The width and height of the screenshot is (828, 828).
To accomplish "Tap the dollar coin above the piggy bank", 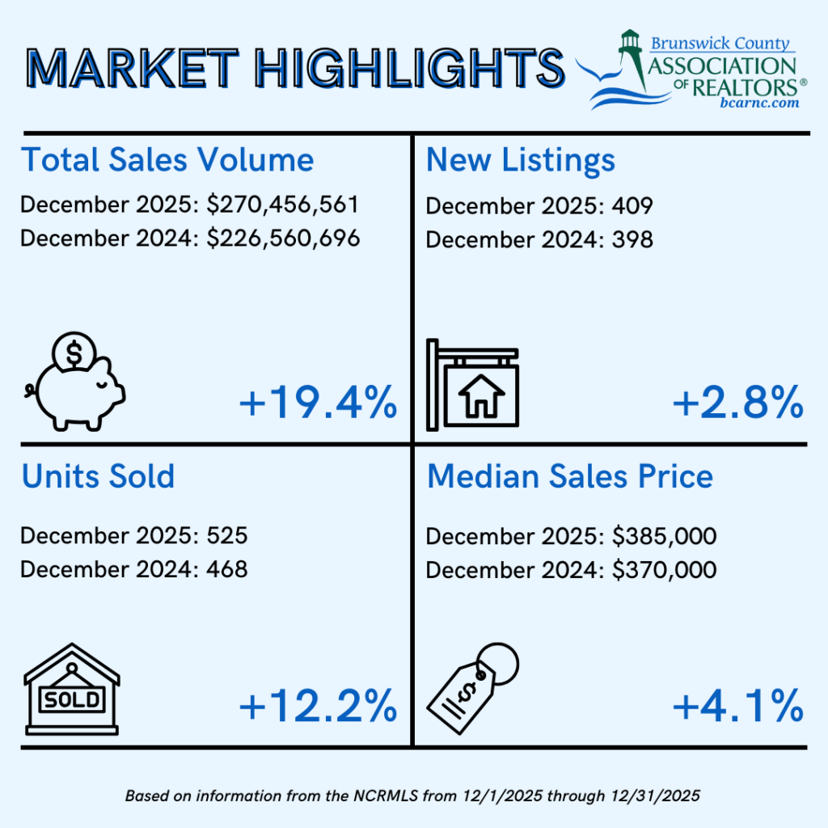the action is pos(74,353).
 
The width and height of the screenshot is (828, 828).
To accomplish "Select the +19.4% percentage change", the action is pos(318,403).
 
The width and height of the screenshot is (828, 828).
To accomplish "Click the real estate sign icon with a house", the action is pos(472,385).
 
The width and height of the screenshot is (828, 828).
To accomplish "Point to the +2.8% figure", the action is pos(737,403).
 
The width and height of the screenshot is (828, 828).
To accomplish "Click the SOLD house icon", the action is pos(72,689).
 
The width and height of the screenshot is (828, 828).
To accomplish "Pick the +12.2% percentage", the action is pos(318,706).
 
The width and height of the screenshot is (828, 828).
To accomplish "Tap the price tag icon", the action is pos(472,688).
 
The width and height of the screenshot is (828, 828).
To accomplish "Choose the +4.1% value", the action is pos(737,706).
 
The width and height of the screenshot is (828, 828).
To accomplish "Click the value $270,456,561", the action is pos(282,205).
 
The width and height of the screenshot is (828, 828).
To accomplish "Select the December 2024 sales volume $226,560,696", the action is pos(283,239).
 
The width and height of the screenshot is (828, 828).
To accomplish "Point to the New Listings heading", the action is pos(520,160).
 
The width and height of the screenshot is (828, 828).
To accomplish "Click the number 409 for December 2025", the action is pos(632,206).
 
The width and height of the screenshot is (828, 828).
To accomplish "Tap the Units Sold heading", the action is pos(98,476).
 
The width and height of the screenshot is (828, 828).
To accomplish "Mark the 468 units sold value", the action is pos(227,570).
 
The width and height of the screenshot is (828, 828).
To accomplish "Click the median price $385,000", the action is pos(665,537).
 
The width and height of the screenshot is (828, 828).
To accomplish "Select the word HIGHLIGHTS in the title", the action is pos(410,68).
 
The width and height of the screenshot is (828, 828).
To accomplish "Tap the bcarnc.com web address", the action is pos(759,103).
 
